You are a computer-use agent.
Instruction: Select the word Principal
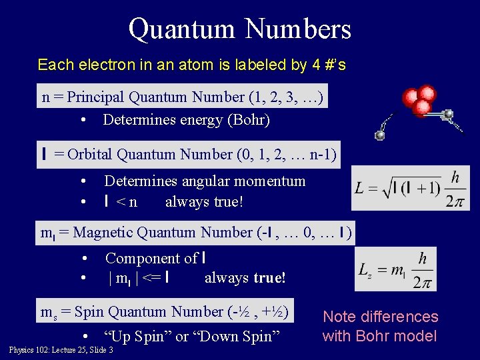(x=96, y=97)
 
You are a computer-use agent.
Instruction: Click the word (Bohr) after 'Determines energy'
(x=249, y=121)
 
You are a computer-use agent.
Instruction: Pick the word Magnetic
(x=102, y=233)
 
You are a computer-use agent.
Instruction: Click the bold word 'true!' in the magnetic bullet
(x=269, y=277)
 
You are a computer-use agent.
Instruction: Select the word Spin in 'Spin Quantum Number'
(x=91, y=312)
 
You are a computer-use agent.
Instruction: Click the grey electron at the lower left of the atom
(x=380, y=135)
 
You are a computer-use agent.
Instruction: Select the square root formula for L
(x=411, y=188)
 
